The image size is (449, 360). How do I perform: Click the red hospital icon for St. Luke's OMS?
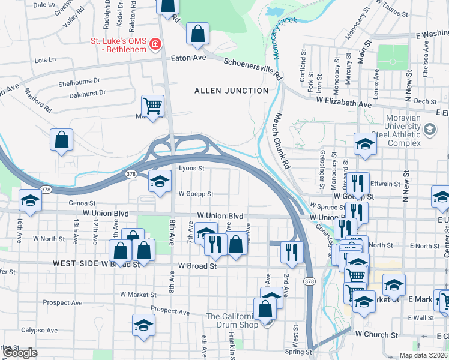click(x=155, y=43)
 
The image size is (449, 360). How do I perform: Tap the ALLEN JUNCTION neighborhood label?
click(x=231, y=91)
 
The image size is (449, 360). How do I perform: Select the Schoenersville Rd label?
click(x=252, y=69)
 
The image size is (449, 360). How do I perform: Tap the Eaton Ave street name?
click(x=188, y=58)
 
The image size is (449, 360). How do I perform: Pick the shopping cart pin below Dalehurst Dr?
click(x=153, y=106)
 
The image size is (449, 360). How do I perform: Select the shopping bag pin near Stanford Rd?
click(x=61, y=140)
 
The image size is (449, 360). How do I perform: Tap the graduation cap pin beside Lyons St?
click(x=159, y=181)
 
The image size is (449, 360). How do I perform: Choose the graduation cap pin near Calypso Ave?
click(x=143, y=325)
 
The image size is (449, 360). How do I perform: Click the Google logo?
click(x=20, y=353)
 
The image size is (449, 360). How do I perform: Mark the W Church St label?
click(x=376, y=333)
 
